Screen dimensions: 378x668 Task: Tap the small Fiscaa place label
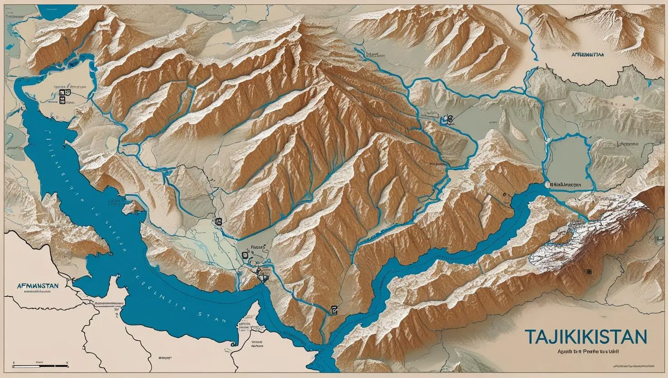coord(256,248)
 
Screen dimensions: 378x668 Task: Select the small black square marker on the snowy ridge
coord(589,271)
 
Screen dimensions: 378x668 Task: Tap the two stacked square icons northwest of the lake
coord(62,94)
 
